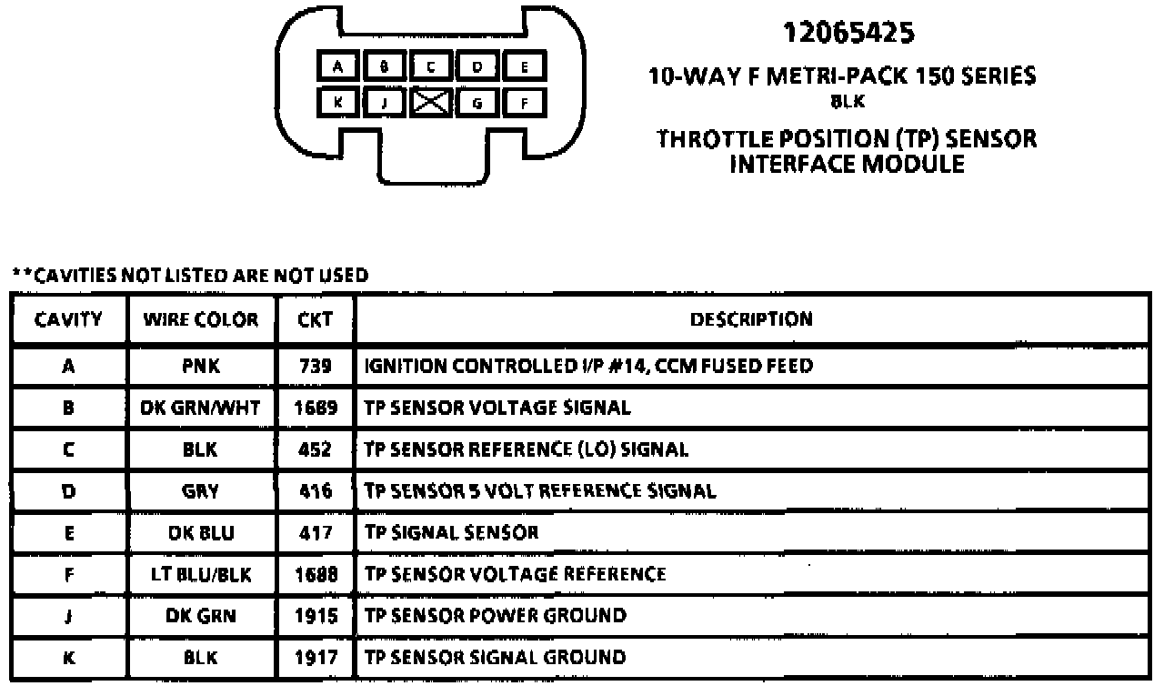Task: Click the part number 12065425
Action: coord(848,34)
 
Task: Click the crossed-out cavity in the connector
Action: coord(431,103)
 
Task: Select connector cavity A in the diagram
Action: coord(337,66)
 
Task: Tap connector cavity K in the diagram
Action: coord(337,103)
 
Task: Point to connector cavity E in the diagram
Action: coord(525,66)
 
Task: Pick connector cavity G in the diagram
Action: coord(477,103)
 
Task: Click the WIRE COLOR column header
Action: coord(200,319)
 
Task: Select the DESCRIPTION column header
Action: coord(751,319)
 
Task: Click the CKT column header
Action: coord(315,319)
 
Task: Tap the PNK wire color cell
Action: coord(200,367)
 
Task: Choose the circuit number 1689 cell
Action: coord(315,408)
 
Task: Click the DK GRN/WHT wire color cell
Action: coord(200,408)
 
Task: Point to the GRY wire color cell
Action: coord(200,491)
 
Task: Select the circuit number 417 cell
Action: coord(315,532)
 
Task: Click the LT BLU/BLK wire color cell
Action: coord(200,574)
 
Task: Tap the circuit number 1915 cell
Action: coord(315,616)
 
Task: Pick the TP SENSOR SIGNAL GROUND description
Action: coord(495,657)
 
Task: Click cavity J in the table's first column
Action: coord(68,616)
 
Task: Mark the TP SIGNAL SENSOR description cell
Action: coord(451,532)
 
